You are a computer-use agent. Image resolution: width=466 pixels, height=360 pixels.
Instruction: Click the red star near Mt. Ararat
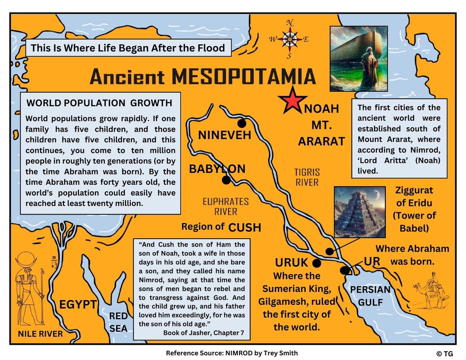293,100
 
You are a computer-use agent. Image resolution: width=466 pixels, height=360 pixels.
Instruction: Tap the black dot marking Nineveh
242,123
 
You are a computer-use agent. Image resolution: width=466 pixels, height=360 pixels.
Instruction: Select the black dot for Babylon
226,180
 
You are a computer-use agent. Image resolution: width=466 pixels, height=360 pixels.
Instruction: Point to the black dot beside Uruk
317,263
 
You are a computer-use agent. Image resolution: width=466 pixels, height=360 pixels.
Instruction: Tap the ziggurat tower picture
359,212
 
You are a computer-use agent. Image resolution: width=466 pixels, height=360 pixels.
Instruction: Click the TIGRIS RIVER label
307,177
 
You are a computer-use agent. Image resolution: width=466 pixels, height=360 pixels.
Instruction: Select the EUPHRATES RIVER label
226,206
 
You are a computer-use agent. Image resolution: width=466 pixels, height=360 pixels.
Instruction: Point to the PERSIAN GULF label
370,296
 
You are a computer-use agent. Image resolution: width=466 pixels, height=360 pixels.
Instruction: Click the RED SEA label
118,322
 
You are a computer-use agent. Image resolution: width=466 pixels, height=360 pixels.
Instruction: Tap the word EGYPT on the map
78,305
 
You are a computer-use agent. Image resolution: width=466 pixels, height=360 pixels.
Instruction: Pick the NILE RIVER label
40,334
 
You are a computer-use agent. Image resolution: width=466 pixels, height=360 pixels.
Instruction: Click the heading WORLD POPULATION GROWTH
99,103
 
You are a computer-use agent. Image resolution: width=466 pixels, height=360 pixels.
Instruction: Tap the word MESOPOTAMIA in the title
243,77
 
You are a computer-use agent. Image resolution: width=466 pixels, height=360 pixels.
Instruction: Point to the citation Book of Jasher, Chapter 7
204,332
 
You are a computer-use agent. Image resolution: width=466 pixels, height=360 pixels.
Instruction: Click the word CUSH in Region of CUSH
245,227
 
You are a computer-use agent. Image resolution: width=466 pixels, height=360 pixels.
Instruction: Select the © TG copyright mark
444,354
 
